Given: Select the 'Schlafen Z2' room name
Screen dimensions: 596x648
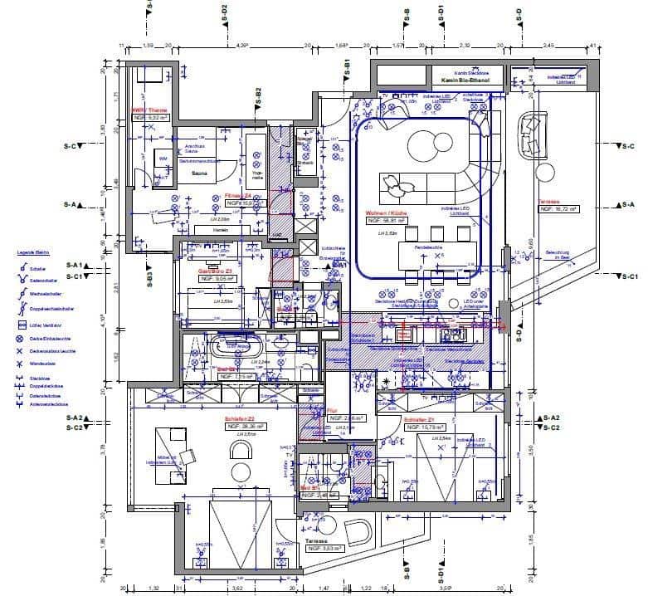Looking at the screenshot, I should [238, 419].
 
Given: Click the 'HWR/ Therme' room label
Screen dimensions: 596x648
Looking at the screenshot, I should [150, 110].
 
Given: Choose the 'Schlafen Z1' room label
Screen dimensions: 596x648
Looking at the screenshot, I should [419, 420].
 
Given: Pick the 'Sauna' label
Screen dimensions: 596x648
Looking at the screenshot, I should [198, 174].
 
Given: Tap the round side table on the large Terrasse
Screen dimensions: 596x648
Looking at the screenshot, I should [545, 173].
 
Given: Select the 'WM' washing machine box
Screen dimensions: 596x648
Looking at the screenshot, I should [163, 157].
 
